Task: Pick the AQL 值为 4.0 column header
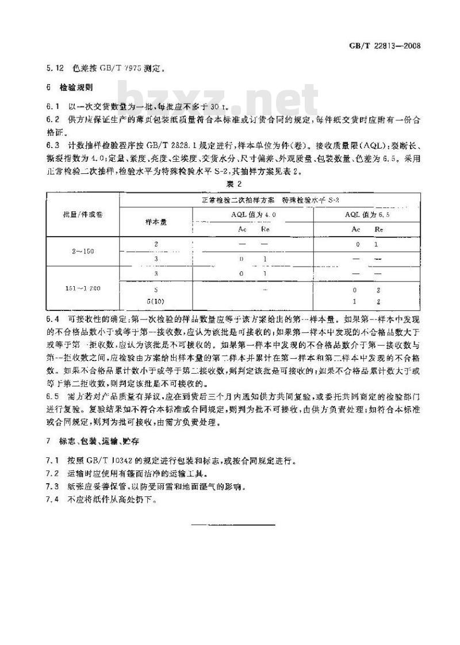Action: (254, 214)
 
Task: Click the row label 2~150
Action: (82, 252)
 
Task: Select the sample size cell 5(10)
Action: (156, 301)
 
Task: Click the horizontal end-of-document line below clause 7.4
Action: (232, 525)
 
